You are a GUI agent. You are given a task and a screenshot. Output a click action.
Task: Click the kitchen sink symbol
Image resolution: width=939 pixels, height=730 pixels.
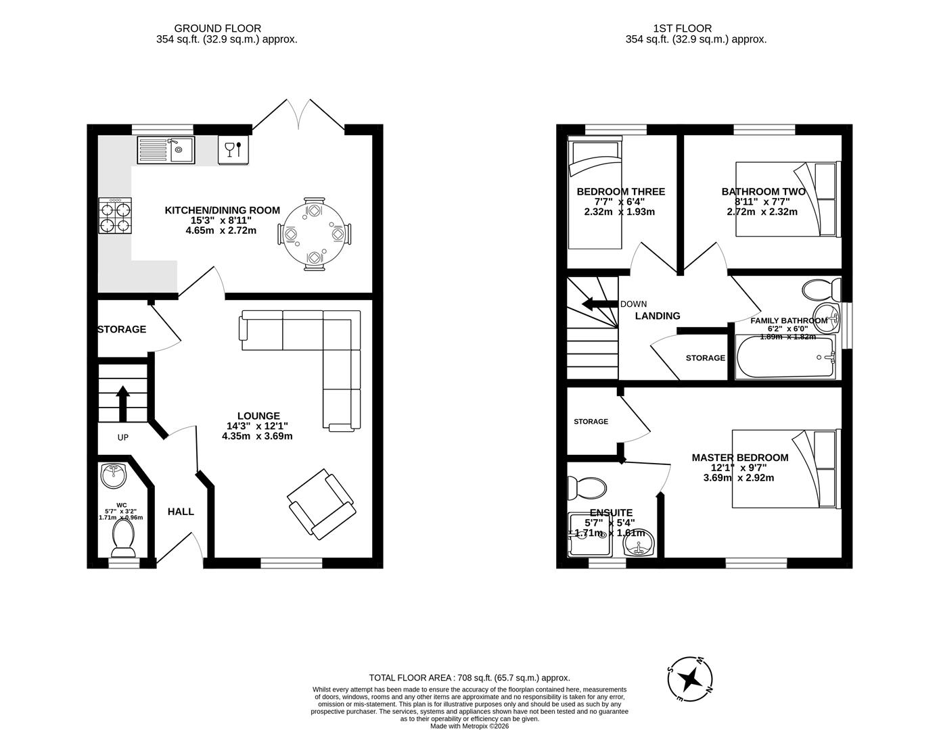[x=166, y=150]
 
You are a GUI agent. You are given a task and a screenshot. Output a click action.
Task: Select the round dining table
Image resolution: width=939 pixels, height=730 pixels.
[x=314, y=234]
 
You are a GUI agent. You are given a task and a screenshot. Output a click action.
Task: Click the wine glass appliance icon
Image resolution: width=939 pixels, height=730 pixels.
[x=233, y=150]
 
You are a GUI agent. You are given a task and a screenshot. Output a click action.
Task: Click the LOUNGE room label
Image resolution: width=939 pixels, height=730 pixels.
[x=258, y=416]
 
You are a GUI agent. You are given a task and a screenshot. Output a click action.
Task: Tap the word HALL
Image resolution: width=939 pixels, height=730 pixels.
[x=181, y=512]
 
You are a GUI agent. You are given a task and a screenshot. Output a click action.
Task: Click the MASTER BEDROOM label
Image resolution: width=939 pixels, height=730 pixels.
[x=739, y=458]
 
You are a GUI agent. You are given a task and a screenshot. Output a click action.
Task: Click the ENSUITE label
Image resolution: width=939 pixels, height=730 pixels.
[x=611, y=513]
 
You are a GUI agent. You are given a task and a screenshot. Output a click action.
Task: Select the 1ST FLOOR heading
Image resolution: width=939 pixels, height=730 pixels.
[x=682, y=28]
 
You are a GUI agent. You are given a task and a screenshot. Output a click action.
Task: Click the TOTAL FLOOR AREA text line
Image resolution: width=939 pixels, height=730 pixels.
[x=469, y=677]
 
